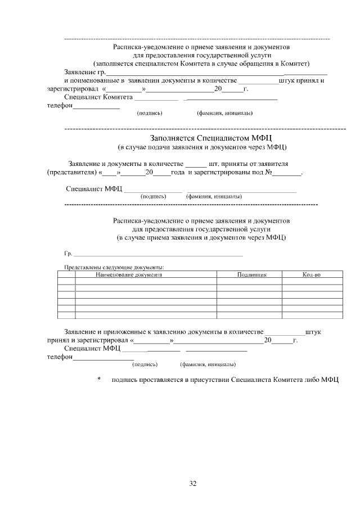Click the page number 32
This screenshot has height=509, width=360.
[193, 483]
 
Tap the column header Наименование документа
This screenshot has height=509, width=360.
[129, 274]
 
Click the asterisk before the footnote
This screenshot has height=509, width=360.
[99, 380]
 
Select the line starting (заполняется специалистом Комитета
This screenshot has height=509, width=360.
[201, 64]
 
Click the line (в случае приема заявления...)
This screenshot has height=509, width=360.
[201, 238]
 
